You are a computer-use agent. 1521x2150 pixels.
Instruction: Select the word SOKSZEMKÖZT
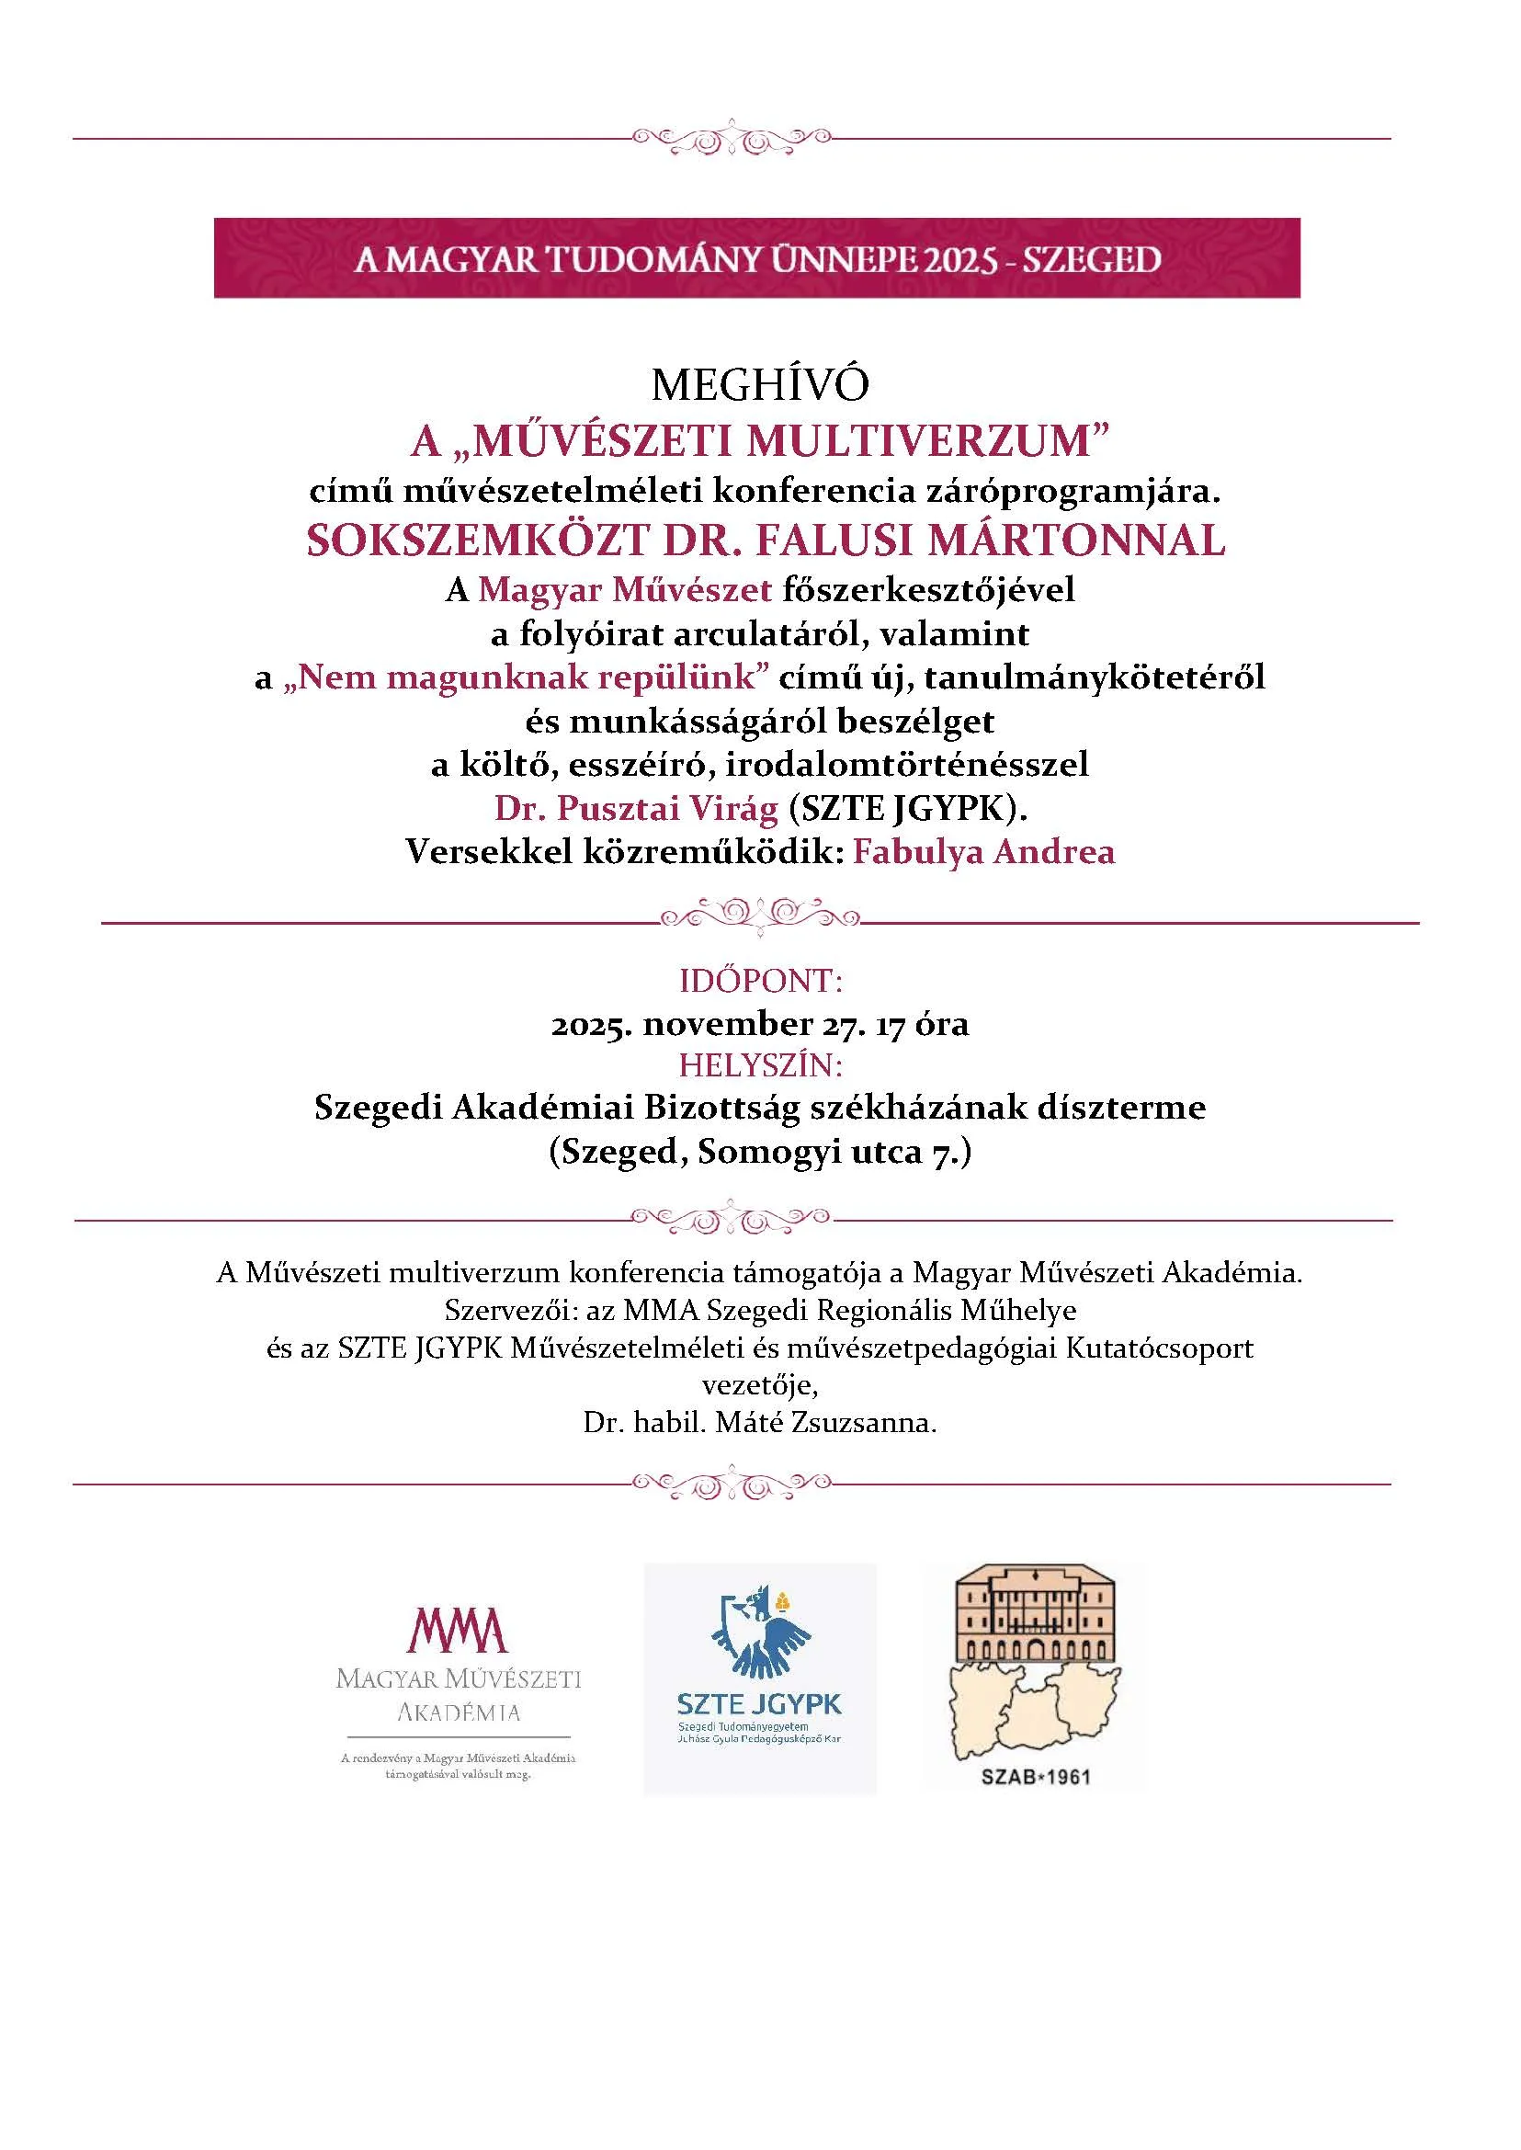[478, 540]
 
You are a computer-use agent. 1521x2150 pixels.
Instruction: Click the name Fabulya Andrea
[983, 852]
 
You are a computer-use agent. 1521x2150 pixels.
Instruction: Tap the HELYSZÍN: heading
[761, 1066]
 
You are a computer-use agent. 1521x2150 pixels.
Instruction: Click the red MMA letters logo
[458, 1629]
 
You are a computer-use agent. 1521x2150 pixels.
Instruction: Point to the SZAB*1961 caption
[1036, 1776]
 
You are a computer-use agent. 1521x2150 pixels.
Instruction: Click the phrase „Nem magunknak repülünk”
[533, 677]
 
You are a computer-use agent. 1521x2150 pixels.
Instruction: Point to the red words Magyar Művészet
[625, 590]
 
